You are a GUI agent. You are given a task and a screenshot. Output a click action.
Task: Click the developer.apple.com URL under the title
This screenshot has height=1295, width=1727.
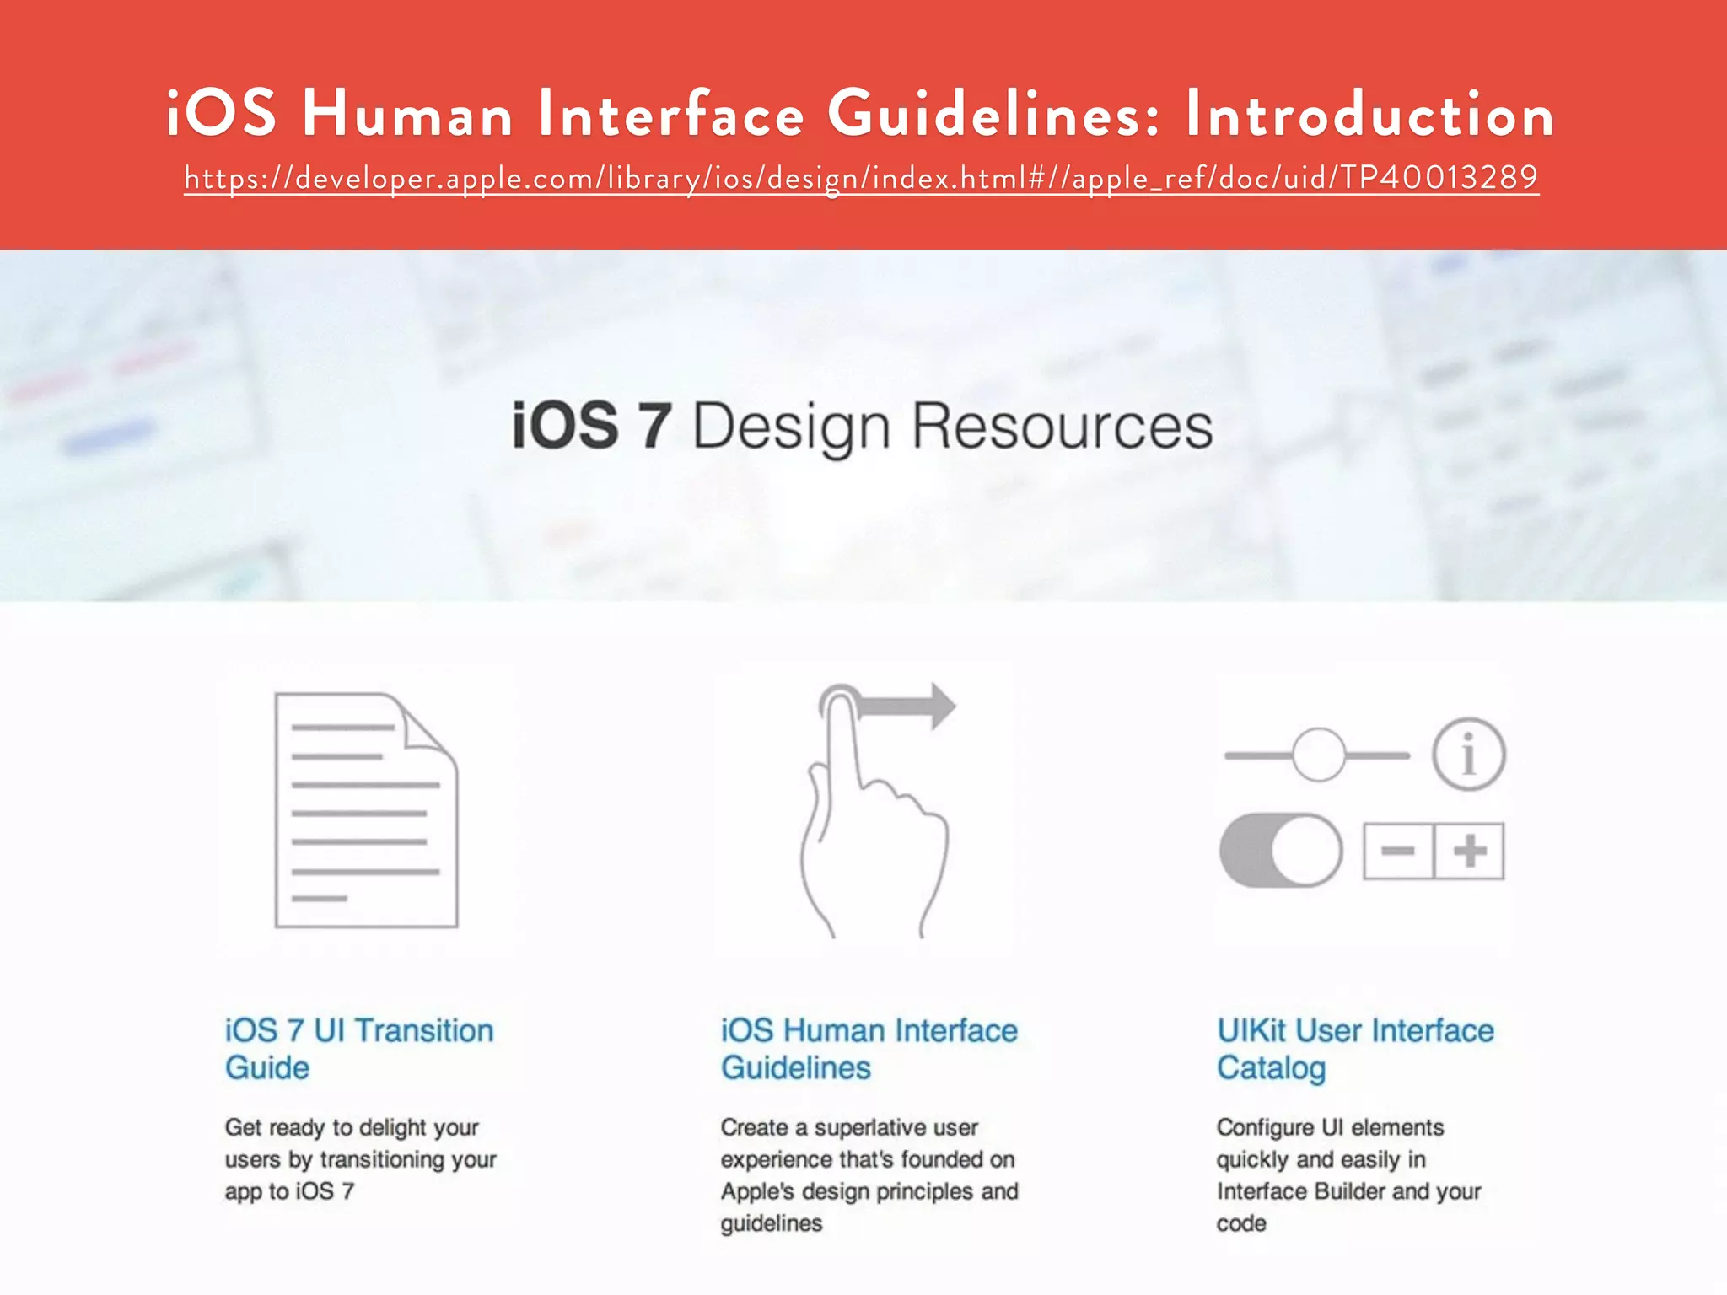(861, 178)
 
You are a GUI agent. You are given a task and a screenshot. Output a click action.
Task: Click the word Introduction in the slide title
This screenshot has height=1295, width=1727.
(1369, 114)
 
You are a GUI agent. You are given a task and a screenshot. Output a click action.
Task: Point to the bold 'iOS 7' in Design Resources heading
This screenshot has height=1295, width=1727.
(591, 426)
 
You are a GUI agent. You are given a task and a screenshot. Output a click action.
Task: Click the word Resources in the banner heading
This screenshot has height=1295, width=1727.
(1062, 426)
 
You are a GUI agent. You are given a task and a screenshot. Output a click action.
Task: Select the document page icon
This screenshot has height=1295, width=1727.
(366, 810)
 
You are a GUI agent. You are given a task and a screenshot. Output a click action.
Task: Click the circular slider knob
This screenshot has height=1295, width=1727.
(1318, 755)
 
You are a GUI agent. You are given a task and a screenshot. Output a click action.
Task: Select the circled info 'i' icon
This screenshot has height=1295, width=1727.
(1468, 755)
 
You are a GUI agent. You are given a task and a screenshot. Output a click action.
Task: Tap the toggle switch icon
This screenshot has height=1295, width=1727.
(1281, 850)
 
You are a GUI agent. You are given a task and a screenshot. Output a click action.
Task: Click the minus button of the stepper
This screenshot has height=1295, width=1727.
(1398, 851)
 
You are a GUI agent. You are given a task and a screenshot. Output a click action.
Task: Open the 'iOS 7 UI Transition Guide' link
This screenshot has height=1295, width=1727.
(358, 1048)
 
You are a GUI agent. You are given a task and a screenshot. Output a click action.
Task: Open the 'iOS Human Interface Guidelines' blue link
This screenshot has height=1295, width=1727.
(869, 1048)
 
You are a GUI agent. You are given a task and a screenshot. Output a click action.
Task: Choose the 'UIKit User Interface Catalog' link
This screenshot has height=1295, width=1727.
(1354, 1048)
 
